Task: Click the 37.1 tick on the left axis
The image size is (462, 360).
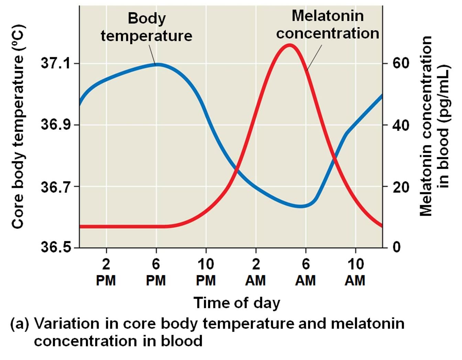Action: click(55, 63)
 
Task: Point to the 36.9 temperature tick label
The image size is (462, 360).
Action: click(55, 124)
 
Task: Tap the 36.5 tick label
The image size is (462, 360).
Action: click(55, 247)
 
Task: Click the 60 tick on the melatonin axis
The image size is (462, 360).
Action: click(401, 63)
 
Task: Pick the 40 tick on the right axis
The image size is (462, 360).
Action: click(401, 125)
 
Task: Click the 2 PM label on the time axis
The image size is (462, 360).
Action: click(106, 272)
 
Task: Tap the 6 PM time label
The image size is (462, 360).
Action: click(156, 272)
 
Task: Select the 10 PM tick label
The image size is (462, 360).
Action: click(206, 272)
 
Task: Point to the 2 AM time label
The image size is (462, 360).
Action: click(255, 272)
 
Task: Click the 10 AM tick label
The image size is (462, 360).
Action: click(355, 272)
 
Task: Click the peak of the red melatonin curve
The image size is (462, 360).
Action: click(289, 45)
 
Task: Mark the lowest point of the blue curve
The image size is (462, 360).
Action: click(300, 206)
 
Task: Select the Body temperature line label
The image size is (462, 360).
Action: click(146, 27)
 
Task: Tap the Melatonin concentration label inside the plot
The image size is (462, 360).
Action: click(328, 25)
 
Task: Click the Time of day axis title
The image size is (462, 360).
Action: click(236, 303)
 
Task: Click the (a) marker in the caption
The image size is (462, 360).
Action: click(20, 324)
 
